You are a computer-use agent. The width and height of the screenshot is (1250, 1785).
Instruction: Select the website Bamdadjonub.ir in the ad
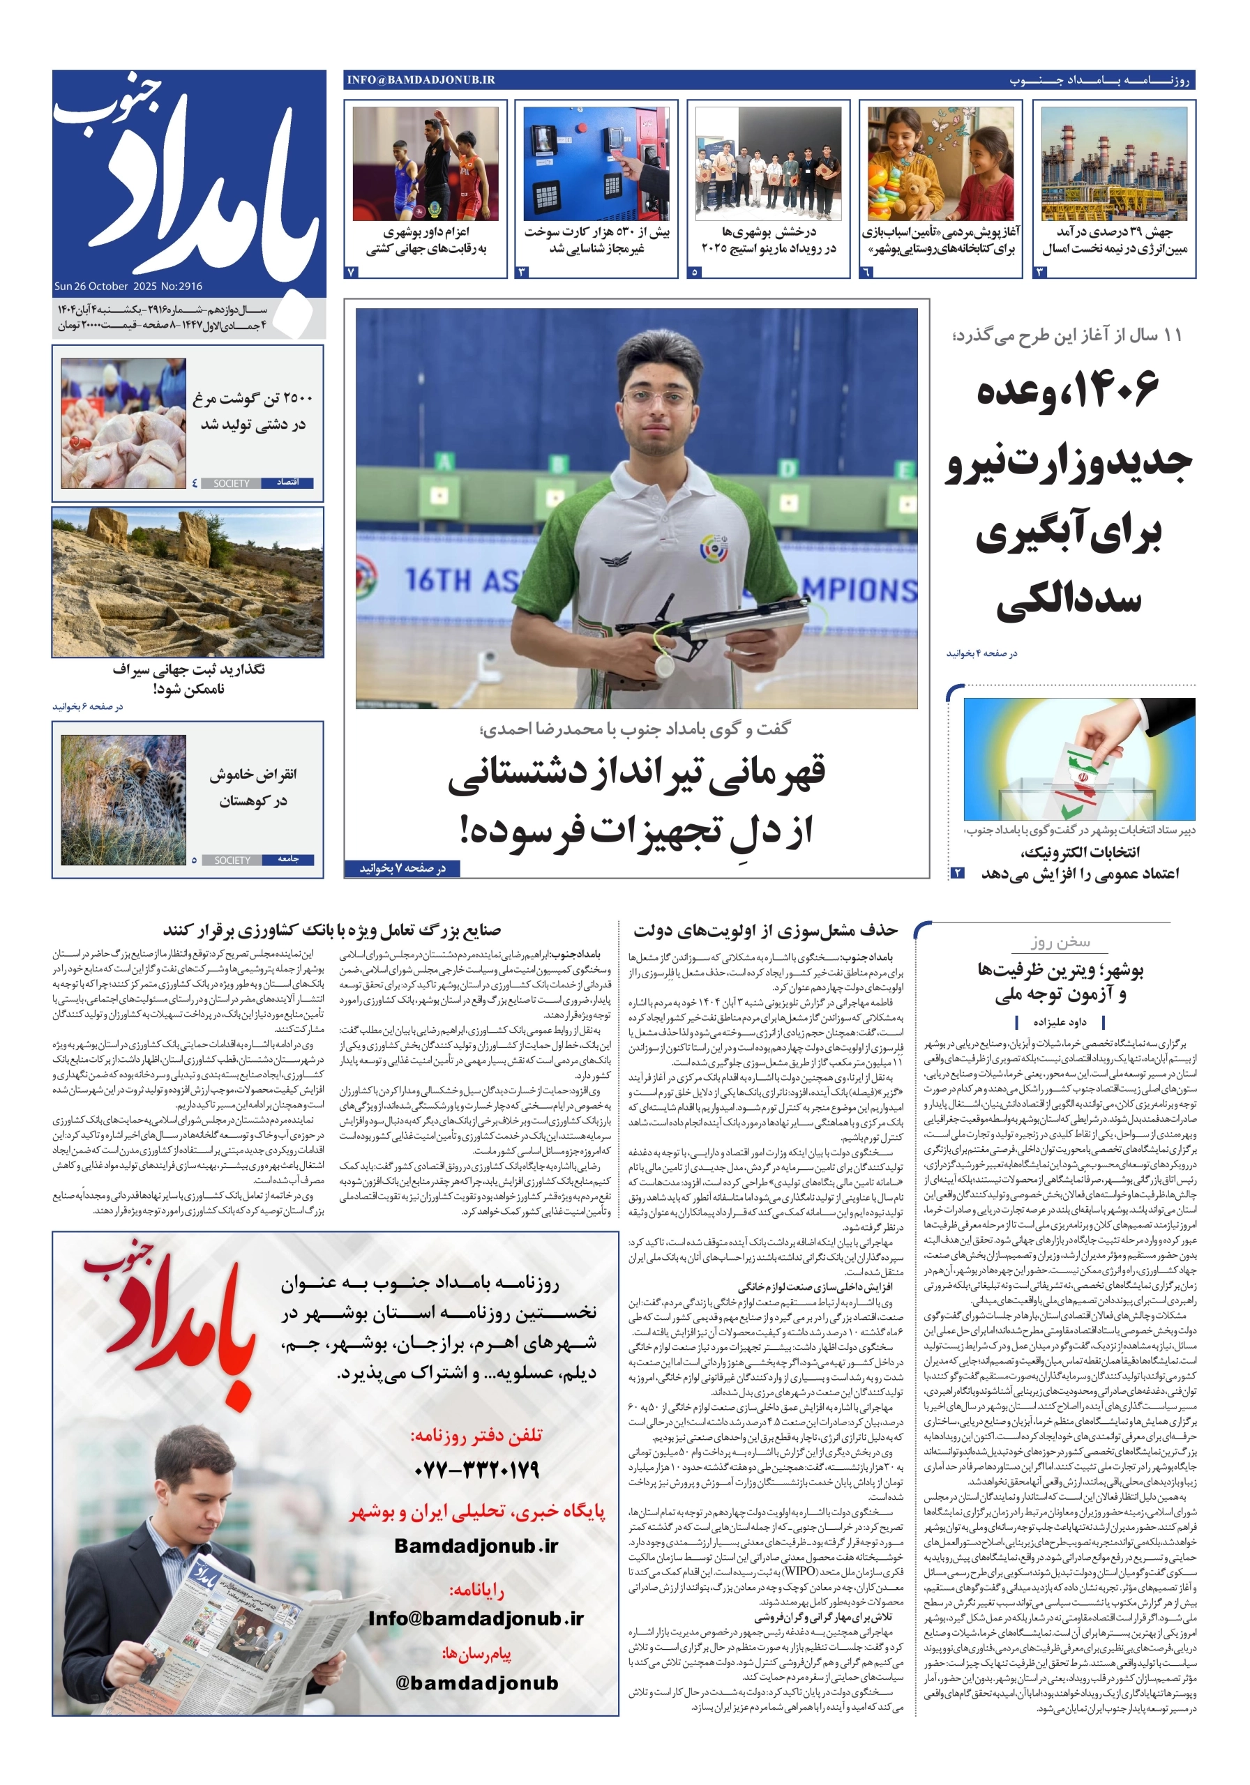(476, 1546)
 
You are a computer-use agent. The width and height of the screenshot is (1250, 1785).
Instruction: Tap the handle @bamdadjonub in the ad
(476, 1683)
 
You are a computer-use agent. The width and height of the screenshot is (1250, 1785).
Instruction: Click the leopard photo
(123, 800)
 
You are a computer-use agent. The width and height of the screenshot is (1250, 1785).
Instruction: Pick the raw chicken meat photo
(123, 423)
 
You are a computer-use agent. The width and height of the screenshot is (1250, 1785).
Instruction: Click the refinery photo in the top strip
(1114, 164)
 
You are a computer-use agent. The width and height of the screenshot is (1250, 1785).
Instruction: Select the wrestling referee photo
(426, 164)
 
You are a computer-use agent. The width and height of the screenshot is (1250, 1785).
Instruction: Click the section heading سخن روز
(1060, 942)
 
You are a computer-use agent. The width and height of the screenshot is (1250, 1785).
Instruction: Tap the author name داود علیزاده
(1060, 1021)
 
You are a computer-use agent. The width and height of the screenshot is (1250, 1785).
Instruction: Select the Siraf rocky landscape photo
(188, 582)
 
